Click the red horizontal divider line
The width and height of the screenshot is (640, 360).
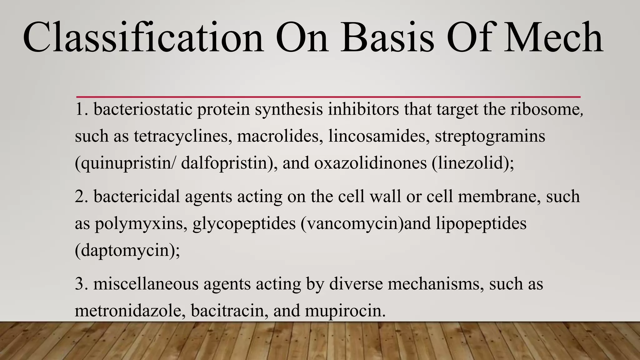click(x=328, y=97)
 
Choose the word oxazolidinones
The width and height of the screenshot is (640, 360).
click(x=370, y=163)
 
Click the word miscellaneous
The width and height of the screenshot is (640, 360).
click(x=146, y=284)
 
